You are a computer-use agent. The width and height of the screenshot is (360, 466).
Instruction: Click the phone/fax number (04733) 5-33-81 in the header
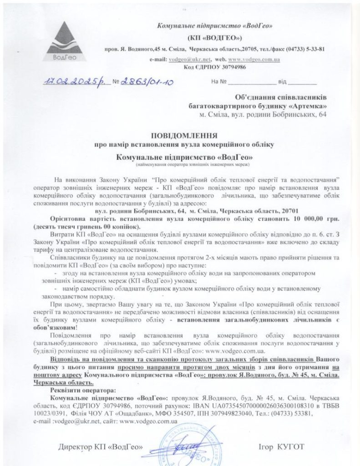(x=305, y=49)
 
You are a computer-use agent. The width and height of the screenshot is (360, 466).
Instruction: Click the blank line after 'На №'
(x=251, y=83)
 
